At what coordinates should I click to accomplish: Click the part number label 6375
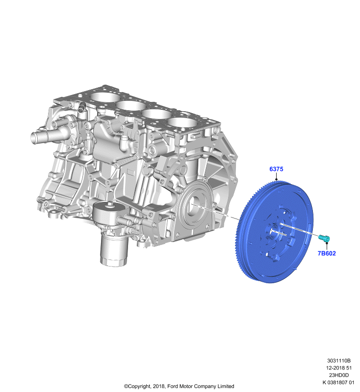[x=276, y=169]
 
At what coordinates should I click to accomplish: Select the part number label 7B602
[x=327, y=253]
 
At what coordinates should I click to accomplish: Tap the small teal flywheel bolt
[x=325, y=238]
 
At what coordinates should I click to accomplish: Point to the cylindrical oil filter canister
[x=114, y=250]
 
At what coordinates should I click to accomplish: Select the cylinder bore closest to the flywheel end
[x=182, y=123]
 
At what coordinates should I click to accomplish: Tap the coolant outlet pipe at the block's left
[x=42, y=136]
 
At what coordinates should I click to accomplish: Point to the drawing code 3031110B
[x=339, y=361]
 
